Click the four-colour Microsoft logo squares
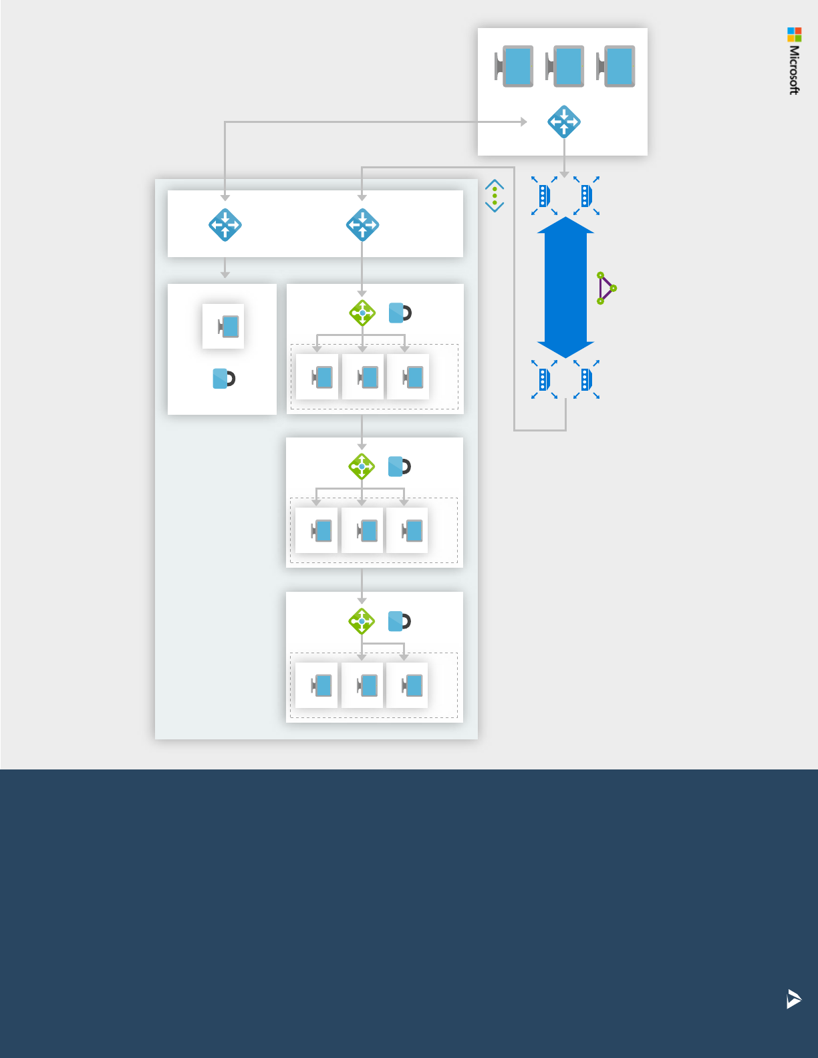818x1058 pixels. tap(794, 34)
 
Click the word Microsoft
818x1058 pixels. tap(794, 70)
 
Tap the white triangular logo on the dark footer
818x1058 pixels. tap(793, 999)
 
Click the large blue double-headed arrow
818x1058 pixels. tap(565, 287)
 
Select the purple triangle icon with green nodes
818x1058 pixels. tap(605, 288)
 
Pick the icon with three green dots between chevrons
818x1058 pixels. tap(495, 196)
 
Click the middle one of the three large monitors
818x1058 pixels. tap(565, 66)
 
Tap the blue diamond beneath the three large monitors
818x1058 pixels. tap(564, 122)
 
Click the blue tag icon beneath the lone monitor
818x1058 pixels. tap(223, 379)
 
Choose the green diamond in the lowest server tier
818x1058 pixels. tap(362, 621)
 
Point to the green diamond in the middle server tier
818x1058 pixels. tap(362, 466)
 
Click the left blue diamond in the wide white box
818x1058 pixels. tap(225, 225)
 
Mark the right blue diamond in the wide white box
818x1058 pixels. tap(362, 225)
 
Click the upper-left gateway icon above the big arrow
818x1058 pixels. tap(544, 196)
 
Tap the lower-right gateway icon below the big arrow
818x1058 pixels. tap(586, 379)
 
